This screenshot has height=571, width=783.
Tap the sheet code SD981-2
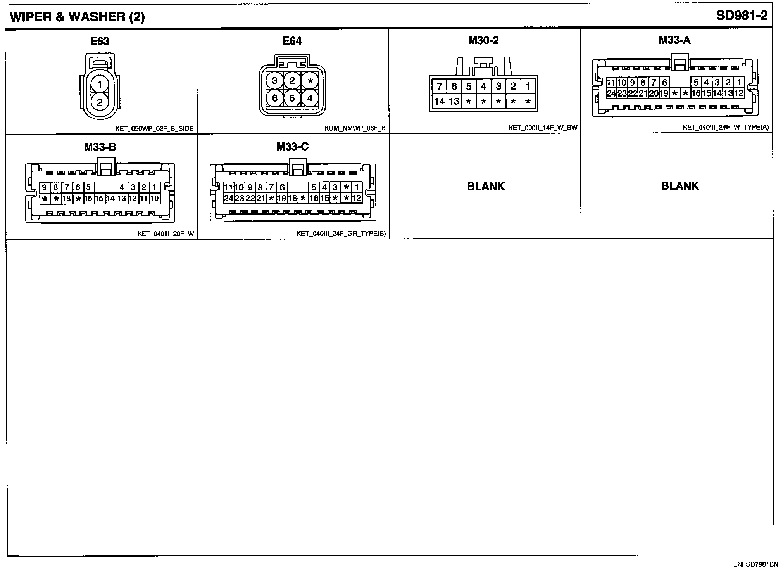click(x=742, y=16)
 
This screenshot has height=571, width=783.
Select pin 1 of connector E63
click(x=100, y=84)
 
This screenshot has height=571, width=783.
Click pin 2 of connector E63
click(x=100, y=102)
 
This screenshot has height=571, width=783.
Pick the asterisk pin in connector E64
click(x=310, y=81)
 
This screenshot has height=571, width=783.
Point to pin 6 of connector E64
click(x=275, y=98)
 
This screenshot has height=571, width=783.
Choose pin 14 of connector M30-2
click(x=439, y=102)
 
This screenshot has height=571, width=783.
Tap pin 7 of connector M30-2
click(x=439, y=86)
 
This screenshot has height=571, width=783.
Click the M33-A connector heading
click(x=674, y=40)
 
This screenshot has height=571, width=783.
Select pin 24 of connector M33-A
click(x=611, y=93)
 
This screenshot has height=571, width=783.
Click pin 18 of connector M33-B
click(x=67, y=199)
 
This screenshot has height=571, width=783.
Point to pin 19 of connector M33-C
click(x=282, y=199)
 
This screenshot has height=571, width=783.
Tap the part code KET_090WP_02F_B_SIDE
click(x=154, y=128)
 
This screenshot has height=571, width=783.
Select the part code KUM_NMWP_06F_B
click(x=355, y=128)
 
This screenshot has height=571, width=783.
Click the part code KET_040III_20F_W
click(x=166, y=234)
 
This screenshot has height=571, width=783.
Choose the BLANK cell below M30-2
click(x=486, y=186)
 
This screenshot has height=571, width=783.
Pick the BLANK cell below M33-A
click(x=680, y=186)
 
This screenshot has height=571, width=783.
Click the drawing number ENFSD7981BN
click(x=755, y=564)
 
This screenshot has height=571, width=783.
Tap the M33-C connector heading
click(x=293, y=147)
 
